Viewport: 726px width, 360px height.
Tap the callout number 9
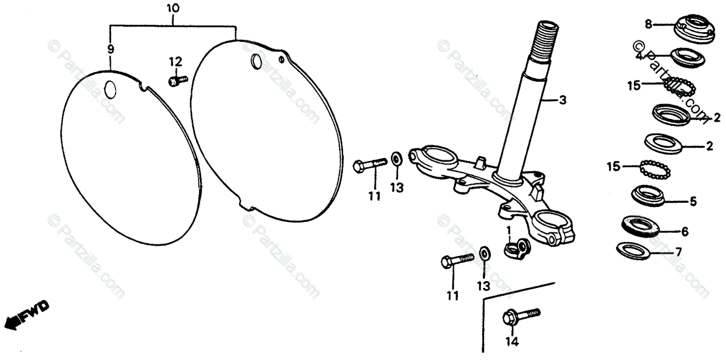[x=110, y=48]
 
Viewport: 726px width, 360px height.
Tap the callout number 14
[x=512, y=342]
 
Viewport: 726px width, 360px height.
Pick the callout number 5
[x=693, y=201]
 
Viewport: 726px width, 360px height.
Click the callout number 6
[x=685, y=231]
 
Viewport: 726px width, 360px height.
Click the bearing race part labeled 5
[x=647, y=195]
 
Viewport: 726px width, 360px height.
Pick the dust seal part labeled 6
[x=639, y=225]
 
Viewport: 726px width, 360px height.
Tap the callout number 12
[x=175, y=61]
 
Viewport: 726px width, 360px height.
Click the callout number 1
[x=509, y=230]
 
